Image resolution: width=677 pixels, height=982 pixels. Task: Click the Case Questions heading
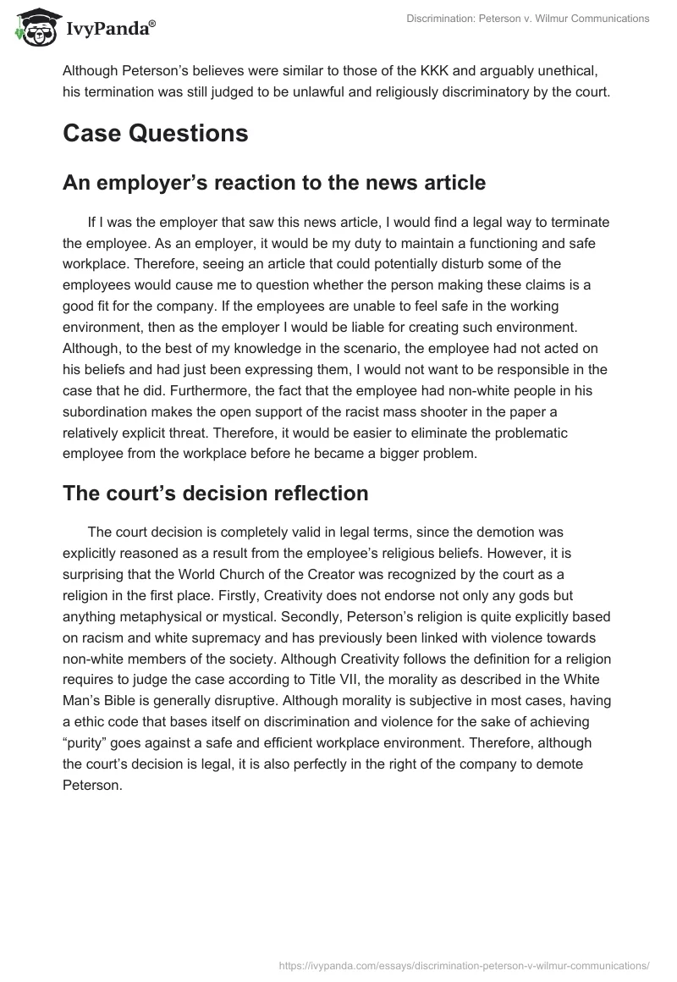pyautogui.click(x=155, y=134)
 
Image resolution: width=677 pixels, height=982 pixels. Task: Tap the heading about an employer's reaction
pyautogui.click(x=274, y=183)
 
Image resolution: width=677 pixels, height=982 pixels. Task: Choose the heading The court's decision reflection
pyautogui.click(x=215, y=494)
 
